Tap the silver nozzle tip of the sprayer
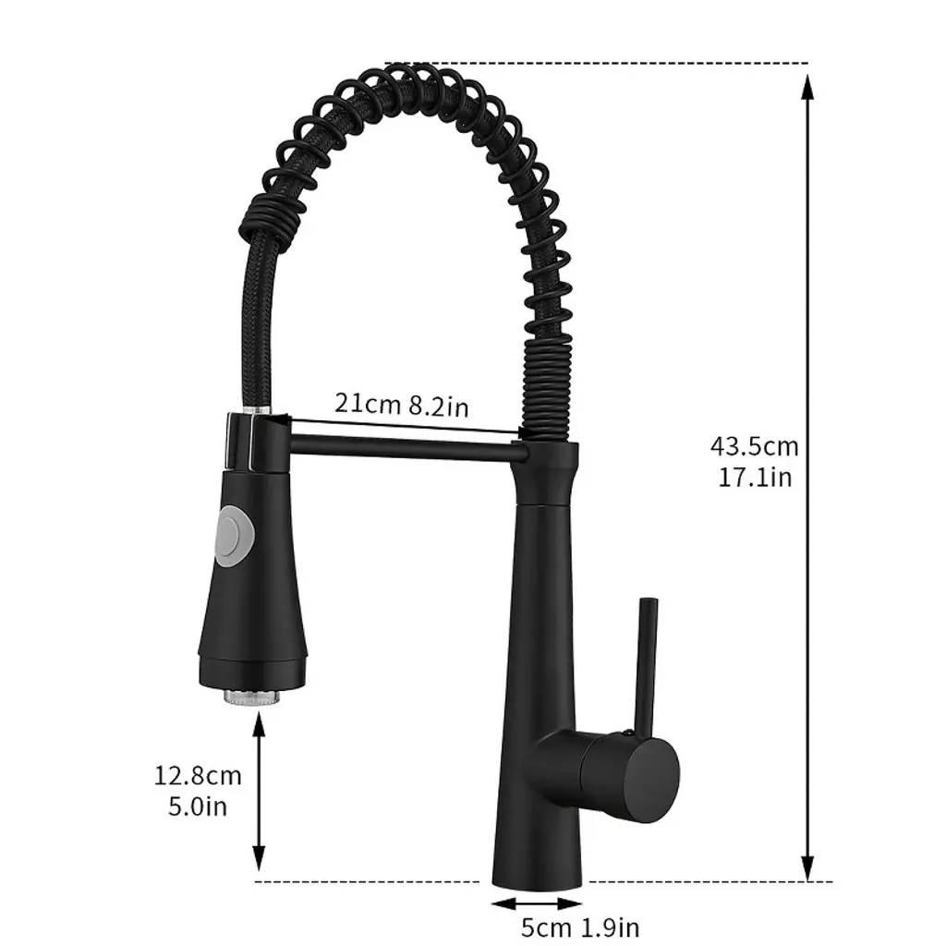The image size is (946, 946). [x=252, y=696]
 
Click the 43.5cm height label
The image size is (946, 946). [x=754, y=447]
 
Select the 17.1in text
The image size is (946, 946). [x=754, y=478]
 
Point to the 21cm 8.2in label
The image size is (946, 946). [x=402, y=405]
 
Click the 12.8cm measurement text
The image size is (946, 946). [x=198, y=775]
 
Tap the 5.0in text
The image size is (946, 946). [x=198, y=806]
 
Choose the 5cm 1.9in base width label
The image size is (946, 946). [x=580, y=928]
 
